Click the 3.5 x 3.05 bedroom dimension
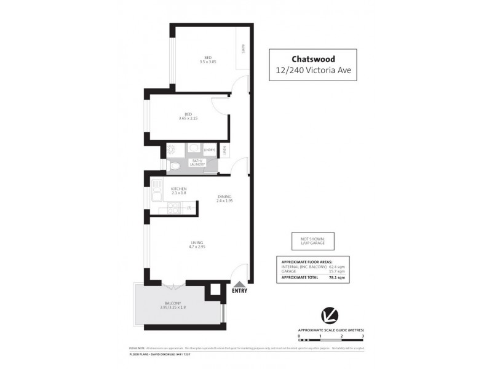point(208,61)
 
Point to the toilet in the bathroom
point(174,165)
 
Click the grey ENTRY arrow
point(239,284)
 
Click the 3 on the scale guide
point(363,337)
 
